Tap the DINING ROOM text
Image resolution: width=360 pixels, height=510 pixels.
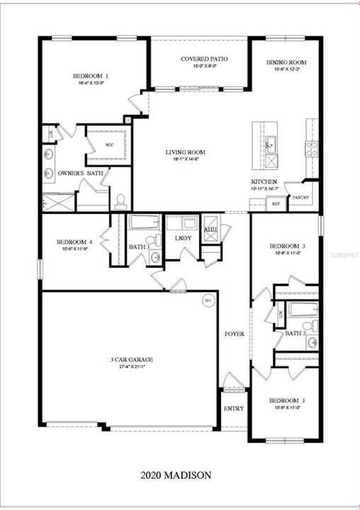click(x=286, y=62)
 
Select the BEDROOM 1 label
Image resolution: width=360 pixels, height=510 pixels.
click(x=90, y=76)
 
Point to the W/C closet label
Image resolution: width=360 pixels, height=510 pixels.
click(x=110, y=145)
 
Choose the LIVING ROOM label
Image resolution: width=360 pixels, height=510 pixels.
click(x=185, y=152)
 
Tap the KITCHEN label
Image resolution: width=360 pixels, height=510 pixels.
click(x=263, y=182)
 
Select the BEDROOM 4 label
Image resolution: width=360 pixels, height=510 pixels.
click(x=74, y=242)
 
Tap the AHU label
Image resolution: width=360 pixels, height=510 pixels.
click(x=210, y=229)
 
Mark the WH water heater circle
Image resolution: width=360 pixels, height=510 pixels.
click(x=208, y=300)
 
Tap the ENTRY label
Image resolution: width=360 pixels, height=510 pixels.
click(x=233, y=409)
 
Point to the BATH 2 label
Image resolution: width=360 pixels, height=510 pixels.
click(x=295, y=333)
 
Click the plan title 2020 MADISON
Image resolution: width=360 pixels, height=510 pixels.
click(x=175, y=474)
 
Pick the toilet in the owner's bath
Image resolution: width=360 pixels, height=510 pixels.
click(x=120, y=200)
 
